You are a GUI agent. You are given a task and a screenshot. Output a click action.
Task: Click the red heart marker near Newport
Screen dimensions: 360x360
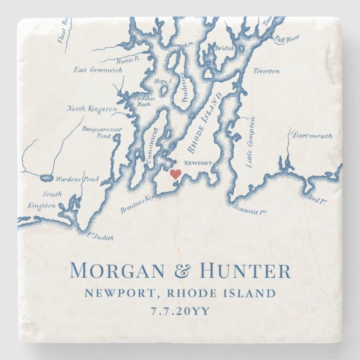point(176,174)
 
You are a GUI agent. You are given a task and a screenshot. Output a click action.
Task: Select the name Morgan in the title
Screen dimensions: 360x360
point(118,271)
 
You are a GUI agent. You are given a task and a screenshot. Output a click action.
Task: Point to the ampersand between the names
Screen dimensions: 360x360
point(182,272)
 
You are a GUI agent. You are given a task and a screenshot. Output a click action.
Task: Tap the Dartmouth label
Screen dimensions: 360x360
point(312,135)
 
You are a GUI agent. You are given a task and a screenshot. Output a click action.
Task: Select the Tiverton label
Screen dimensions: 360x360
point(266,71)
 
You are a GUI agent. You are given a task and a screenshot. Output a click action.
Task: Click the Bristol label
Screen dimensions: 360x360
point(224,49)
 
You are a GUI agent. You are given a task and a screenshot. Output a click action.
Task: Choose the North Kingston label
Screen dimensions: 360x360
point(92,108)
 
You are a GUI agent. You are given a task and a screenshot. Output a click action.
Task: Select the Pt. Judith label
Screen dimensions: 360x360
point(101,237)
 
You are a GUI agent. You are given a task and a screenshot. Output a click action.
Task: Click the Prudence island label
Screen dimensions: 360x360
point(184,87)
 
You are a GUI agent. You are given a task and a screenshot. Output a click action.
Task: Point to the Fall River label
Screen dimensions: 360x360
point(287,40)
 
